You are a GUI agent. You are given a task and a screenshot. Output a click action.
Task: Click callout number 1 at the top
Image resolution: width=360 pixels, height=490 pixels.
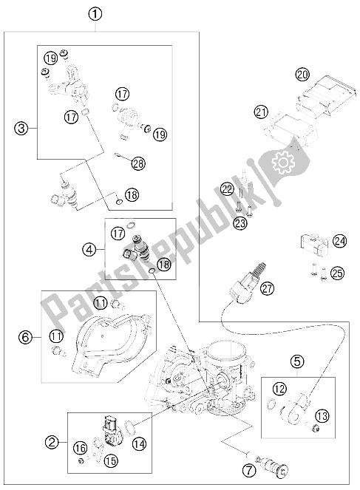[x=95, y=14]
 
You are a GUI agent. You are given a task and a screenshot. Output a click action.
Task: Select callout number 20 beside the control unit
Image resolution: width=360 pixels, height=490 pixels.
[x=302, y=75]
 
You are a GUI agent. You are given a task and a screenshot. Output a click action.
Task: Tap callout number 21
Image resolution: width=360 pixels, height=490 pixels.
[x=261, y=112]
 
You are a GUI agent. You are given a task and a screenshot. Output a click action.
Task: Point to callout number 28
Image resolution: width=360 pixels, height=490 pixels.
[x=138, y=163]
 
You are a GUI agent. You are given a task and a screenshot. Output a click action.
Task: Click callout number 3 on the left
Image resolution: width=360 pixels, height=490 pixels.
[x=21, y=129]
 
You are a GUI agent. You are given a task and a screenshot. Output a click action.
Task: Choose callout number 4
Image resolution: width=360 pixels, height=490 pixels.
[x=89, y=249]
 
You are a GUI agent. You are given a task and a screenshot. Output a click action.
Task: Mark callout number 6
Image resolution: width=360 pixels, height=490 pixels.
[x=25, y=337]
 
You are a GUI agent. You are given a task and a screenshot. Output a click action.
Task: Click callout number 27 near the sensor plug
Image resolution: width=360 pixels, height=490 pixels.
[x=267, y=288]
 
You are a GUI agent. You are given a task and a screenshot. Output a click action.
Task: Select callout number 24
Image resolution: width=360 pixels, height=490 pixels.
[x=340, y=241]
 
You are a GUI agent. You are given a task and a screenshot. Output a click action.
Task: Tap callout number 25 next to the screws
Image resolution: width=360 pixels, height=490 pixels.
[x=337, y=273]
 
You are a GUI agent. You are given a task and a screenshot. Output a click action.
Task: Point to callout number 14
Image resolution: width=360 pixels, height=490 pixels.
[x=140, y=443]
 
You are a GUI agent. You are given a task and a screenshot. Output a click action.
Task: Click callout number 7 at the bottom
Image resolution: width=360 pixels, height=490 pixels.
[x=249, y=471]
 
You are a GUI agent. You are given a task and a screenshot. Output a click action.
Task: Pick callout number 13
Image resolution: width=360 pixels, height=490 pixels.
[x=322, y=416]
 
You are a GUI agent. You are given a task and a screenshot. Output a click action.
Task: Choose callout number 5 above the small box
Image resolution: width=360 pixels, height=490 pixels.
[x=297, y=361]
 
